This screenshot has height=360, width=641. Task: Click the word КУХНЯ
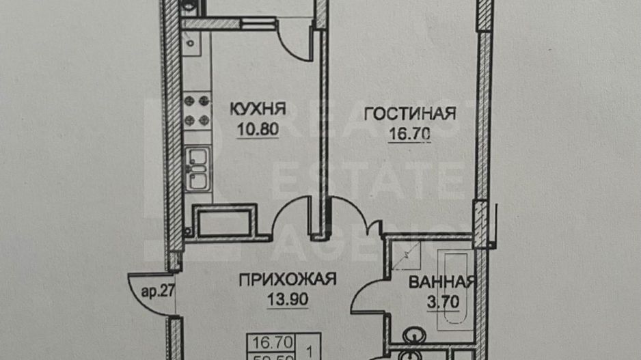click(x=258, y=109)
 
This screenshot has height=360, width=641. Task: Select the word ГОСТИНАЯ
click(x=410, y=113)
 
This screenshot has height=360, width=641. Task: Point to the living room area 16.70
click(x=409, y=135)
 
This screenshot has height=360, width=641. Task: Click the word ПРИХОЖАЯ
click(x=288, y=279)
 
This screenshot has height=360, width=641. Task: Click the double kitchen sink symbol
click(x=197, y=169)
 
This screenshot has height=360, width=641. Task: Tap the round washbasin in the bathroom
click(x=414, y=336)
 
